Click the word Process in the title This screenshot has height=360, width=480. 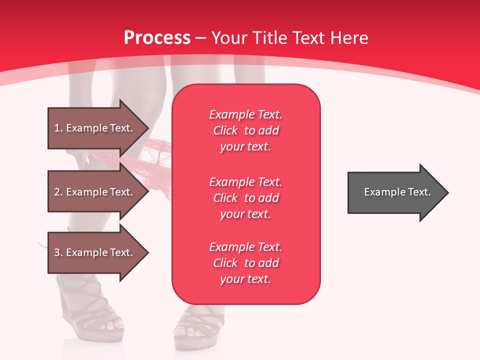pyautogui.click(x=157, y=37)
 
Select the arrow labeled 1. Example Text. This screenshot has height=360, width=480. pyautogui.click(x=95, y=128)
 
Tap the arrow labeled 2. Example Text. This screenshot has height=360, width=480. pyautogui.click(x=95, y=192)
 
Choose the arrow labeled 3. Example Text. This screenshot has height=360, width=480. pyautogui.click(x=95, y=252)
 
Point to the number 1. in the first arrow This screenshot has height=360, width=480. pyautogui.click(x=58, y=128)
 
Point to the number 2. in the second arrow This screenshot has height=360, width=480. pyautogui.click(x=58, y=192)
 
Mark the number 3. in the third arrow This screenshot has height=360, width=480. pyautogui.click(x=58, y=252)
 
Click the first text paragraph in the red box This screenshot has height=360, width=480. pyautogui.click(x=245, y=130)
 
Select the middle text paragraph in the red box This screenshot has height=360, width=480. pyautogui.click(x=245, y=198)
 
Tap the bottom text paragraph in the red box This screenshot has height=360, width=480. pyautogui.click(x=245, y=263)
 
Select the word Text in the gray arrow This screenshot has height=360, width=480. pyautogui.click(x=419, y=192)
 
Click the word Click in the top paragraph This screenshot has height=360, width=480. pyautogui.click(x=225, y=130)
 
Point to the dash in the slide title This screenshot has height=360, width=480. pyautogui.click(x=201, y=38)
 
